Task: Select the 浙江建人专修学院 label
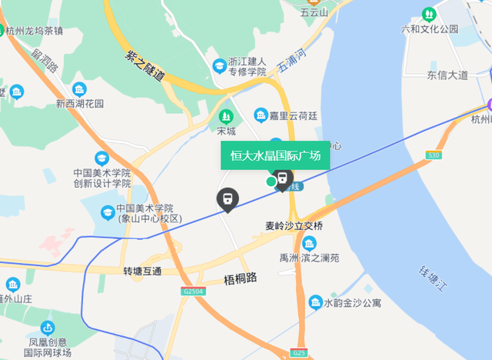tap(247, 66)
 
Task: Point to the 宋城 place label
tap(226, 130)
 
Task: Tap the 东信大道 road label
tap(447, 75)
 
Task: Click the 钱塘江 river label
tap(432, 282)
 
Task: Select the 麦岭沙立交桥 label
tap(289, 225)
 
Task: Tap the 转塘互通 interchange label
tap(143, 272)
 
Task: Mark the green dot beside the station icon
tap(271, 182)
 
